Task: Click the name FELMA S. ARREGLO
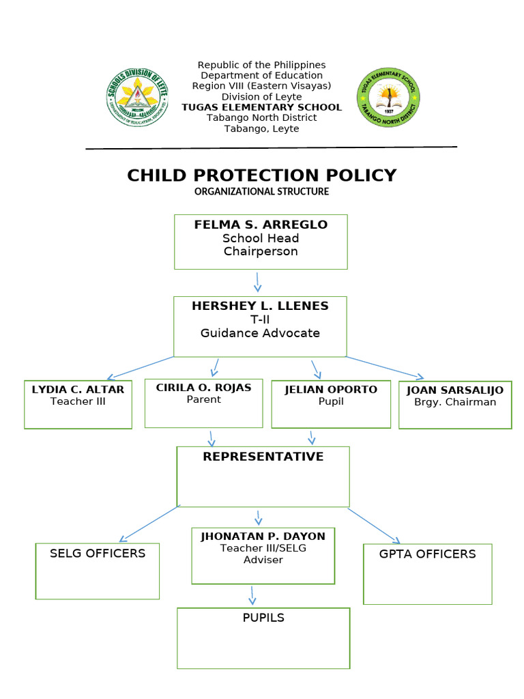point(261,225)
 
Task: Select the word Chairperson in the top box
point(261,251)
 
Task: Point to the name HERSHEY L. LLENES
point(260,306)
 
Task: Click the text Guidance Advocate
point(260,333)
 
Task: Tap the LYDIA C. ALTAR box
point(78,404)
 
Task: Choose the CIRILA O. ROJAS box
point(203,403)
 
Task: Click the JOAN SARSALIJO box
point(455,405)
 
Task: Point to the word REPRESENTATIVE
point(263,457)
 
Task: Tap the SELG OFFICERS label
point(98,553)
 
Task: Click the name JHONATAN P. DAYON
point(263,537)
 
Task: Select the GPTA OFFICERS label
point(428,554)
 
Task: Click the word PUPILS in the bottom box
point(263,618)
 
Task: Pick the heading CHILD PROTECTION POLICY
point(262,175)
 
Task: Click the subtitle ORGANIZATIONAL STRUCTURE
point(262,192)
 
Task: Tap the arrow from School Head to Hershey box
point(258,282)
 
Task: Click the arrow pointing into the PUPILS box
point(252,595)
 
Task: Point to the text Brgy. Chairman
point(455,402)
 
